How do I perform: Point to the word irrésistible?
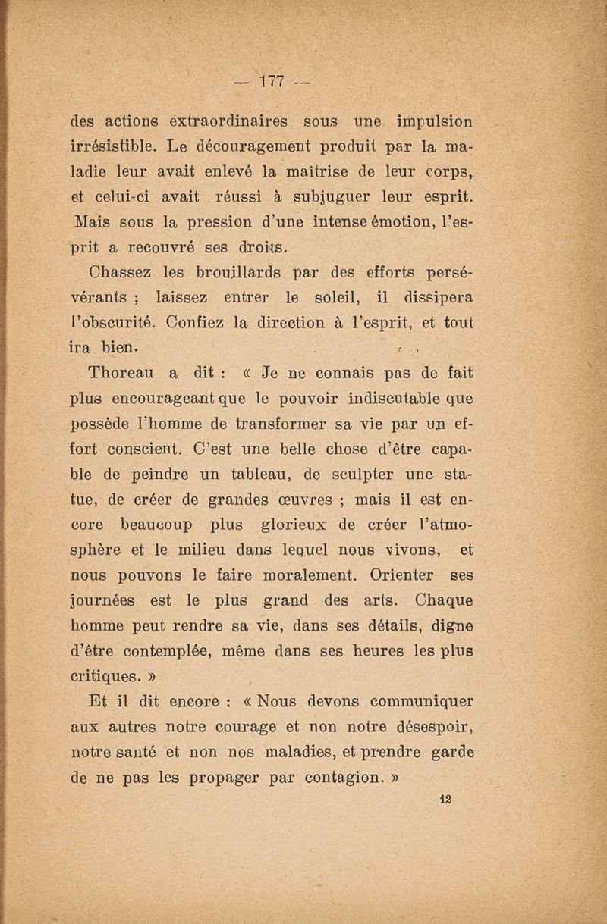[112, 145]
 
